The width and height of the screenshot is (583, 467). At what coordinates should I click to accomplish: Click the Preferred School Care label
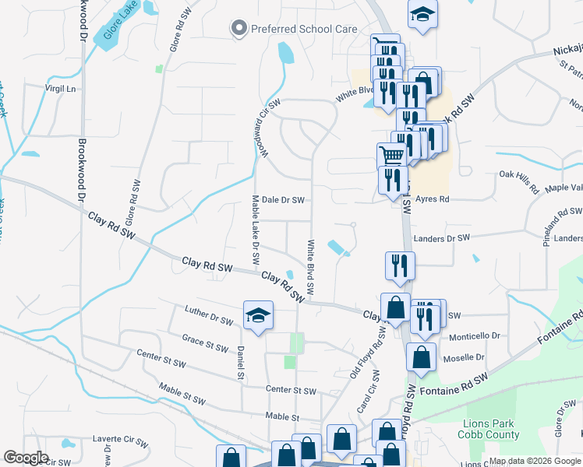(304, 30)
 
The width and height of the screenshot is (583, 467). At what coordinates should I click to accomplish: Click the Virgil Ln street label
(65, 89)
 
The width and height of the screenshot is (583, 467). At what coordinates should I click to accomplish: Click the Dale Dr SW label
(282, 200)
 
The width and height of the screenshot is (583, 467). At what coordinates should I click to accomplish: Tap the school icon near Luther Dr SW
(258, 315)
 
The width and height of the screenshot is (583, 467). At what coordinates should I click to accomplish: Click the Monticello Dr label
(475, 335)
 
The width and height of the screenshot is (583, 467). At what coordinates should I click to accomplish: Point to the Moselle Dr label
(464, 358)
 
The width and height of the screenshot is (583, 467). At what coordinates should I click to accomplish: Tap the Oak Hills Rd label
(519, 183)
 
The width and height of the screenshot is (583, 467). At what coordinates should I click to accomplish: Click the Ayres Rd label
(433, 199)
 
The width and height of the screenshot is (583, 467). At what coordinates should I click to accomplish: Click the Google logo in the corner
(26, 458)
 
